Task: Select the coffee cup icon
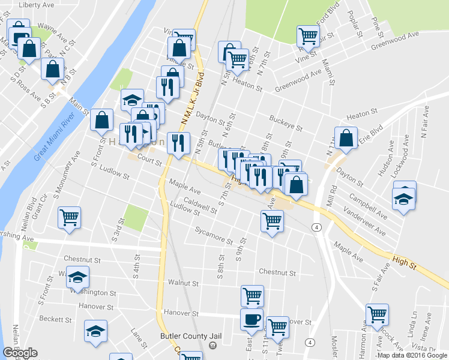pyautogui.click(x=252, y=319)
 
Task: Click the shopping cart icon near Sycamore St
pyautogui.click(x=273, y=221)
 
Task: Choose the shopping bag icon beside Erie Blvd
pyautogui.click(x=346, y=138)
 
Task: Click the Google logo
pyautogui.click(x=20, y=353)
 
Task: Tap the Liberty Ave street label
pyautogui.click(x=37, y=5)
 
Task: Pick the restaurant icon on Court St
pyautogui.click(x=178, y=143)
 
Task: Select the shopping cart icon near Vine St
pyautogui.click(x=308, y=35)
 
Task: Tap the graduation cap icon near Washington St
pyautogui.click(x=77, y=277)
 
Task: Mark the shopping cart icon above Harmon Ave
pyautogui.click(x=377, y=313)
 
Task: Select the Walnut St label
pyautogui.click(x=183, y=282)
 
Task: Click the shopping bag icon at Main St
pyautogui.click(x=101, y=120)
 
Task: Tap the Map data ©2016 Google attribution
pyautogui.click(x=412, y=355)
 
